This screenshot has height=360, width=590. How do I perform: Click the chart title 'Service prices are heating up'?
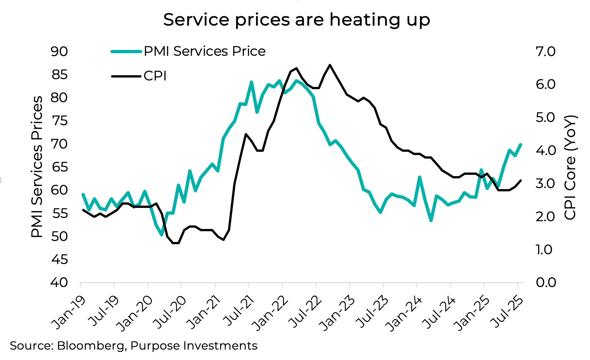coord(296,20)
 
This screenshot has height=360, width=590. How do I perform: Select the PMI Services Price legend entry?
coord(204,51)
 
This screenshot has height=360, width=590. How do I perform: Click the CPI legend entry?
coord(155,76)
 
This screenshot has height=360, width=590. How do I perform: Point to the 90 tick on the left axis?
coord(59,52)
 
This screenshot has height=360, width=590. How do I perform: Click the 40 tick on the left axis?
coord(59,282)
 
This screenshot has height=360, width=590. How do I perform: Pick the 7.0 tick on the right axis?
coord(546,52)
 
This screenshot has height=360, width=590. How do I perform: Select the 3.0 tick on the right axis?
coord(546,184)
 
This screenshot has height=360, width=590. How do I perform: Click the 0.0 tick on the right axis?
coord(546,282)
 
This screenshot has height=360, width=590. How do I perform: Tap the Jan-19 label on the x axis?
coord(69,312)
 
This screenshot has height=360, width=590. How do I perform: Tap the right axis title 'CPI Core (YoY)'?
coord(570,167)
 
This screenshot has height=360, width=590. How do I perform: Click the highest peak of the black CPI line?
coord(330,65)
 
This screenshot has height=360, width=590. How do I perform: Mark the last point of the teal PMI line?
coord(521,145)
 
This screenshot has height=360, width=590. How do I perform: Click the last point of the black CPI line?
coord(521,181)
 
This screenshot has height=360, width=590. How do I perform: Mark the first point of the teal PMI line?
coord(83,195)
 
